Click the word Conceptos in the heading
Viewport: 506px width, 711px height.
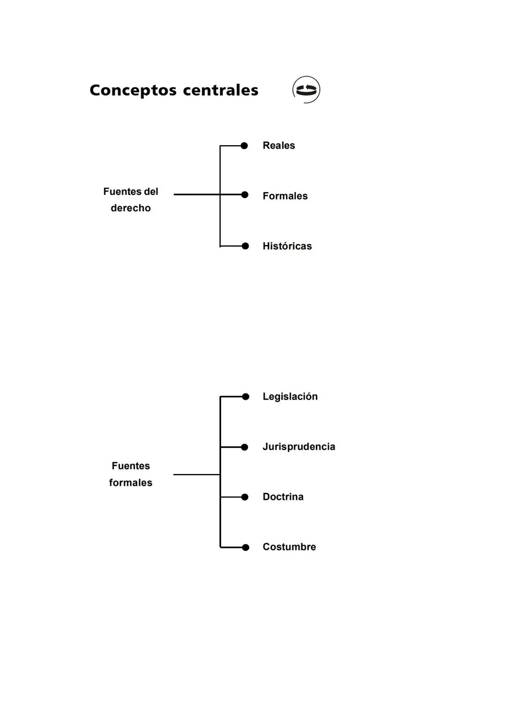click(133, 90)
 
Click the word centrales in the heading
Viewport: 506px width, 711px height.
click(220, 90)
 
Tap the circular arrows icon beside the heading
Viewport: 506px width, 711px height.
click(306, 89)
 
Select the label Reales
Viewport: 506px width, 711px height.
click(279, 146)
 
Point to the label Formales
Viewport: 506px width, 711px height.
click(285, 196)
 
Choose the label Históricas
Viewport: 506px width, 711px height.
click(287, 246)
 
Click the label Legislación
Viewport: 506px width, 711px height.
click(290, 397)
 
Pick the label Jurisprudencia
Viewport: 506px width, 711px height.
click(298, 447)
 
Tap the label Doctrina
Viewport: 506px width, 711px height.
click(283, 497)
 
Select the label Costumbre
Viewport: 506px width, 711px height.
click(289, 547)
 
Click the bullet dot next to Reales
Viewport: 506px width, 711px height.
click(244, 146)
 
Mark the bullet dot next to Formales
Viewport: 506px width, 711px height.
click(245, 195)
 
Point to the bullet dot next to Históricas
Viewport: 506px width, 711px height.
click(245, 246)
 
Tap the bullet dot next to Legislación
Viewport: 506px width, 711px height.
click(246, 397)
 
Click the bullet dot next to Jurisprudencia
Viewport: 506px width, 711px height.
click(245, 447)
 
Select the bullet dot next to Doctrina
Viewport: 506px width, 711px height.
click(245, 497)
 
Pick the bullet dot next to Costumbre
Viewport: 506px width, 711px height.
click(246, 547)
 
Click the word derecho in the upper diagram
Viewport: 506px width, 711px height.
click(131, 208)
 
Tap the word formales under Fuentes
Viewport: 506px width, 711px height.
click(131, 483)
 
